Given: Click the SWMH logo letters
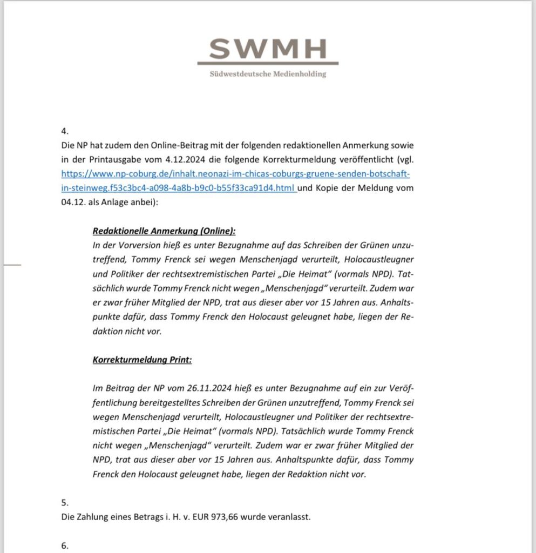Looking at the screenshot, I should pyautogui.click(x=268, y=49).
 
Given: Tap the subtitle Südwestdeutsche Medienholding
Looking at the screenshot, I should pyautogui.click(x=268, y=74).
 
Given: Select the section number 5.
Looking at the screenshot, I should pyautogui.click(x=65, y=502).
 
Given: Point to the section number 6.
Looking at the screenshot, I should pyautogui.click(x=65, y=545).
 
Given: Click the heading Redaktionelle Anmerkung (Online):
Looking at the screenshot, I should pyautogui.click(x=164, y=231).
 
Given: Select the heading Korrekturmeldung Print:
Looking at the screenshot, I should pyautogui.click(x=142, y=360).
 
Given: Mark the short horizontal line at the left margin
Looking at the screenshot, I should pyautogui.click(x=12, y=265).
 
